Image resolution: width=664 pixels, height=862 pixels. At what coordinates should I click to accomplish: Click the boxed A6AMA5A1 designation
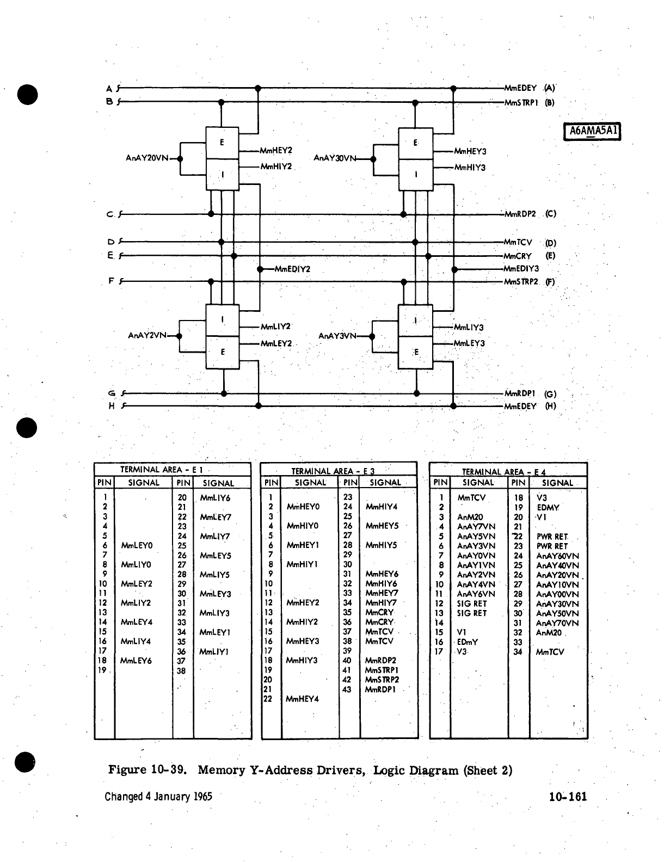pos(593,131)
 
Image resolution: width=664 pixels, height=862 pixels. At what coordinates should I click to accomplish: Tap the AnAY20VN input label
pos(147,158)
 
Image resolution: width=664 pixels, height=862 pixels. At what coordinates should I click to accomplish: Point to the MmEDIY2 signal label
pos(292,269)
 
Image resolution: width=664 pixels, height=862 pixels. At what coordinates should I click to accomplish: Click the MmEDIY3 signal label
pos(521,269)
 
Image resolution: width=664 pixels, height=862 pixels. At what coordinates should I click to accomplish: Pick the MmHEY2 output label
pos(276,150)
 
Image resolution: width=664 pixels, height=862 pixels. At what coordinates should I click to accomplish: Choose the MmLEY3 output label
pos(469,343)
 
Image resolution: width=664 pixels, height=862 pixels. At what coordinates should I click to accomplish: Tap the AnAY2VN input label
pos(147,335)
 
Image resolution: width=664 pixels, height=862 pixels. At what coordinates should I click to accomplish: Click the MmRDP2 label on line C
pos(520,214)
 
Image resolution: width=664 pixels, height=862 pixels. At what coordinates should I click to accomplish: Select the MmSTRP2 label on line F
pos(521,282)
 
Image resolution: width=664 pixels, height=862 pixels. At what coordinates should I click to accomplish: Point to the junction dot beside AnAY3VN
pos(372,336)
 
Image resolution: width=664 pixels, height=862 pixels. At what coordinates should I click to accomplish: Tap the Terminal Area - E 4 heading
pos(503,472)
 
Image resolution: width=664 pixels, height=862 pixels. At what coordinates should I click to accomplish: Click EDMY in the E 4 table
pos(548,508)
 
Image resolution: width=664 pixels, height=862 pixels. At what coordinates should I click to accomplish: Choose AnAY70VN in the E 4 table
pos(557,623)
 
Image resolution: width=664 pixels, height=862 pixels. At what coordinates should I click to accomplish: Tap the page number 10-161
pos(568,797)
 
